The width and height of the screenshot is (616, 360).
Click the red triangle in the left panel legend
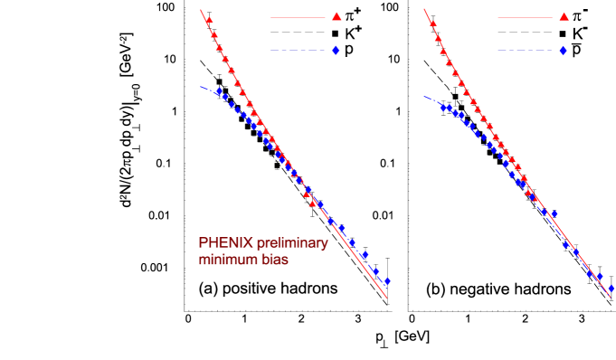pyautogui.click(x=336, y=16)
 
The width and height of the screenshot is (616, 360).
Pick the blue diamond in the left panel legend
pyautogui.click(x=336, y=50)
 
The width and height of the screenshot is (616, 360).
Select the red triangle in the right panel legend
pyautogui.click(x=564, y=16)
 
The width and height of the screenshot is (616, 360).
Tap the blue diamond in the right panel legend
pyautogui.click(x=563, y=50)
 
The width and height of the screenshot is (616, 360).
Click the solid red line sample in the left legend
pyautogui.click(x=298, y=17)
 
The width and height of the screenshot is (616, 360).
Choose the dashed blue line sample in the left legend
pyautogui.click(x=298, y=50)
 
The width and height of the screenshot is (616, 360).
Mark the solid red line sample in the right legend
pyautogui.click(x=525, y=17)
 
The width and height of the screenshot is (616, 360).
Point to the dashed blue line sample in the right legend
pyautogui.click(x=525, y=50)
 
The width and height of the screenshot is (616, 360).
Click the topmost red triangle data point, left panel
pyautogui.click(x=209, y=19)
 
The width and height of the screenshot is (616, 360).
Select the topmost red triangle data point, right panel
pyautogui.click(x=431, y=24)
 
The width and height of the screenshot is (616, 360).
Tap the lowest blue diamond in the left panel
pyautogui.click(x=386, y=281)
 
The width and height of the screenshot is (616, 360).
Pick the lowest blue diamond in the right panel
pyautogui.click(x=611, y=289)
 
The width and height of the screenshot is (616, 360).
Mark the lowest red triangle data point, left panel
pyautogui.click(x=313, y=204)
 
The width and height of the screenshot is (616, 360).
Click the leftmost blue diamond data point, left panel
pyautogui.click(x=218, y=91)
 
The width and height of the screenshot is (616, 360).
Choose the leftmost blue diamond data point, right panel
pyautogui.click(x=443, y=108)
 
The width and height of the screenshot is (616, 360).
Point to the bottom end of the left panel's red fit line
pyautogui.click(x=387, y=298)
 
